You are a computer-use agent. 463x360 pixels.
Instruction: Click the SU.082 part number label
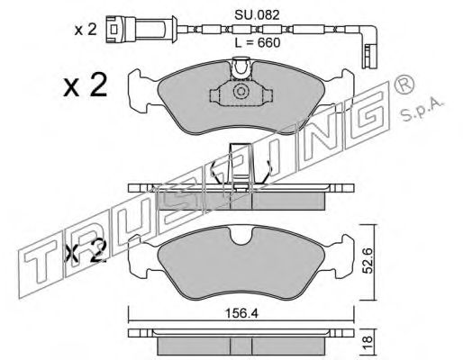(257, 14)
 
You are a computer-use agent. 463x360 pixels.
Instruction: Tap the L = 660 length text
(258, 42)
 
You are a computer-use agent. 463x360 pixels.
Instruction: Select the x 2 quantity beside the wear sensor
(86, 30)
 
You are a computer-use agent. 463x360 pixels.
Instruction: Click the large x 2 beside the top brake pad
(86, 85)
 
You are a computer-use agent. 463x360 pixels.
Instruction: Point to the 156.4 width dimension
(241, 314)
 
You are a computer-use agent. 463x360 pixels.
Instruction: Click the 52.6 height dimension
(368, 261)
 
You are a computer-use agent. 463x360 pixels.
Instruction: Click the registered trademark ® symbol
(404, 85)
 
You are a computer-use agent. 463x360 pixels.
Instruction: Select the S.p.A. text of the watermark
(422, 111)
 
